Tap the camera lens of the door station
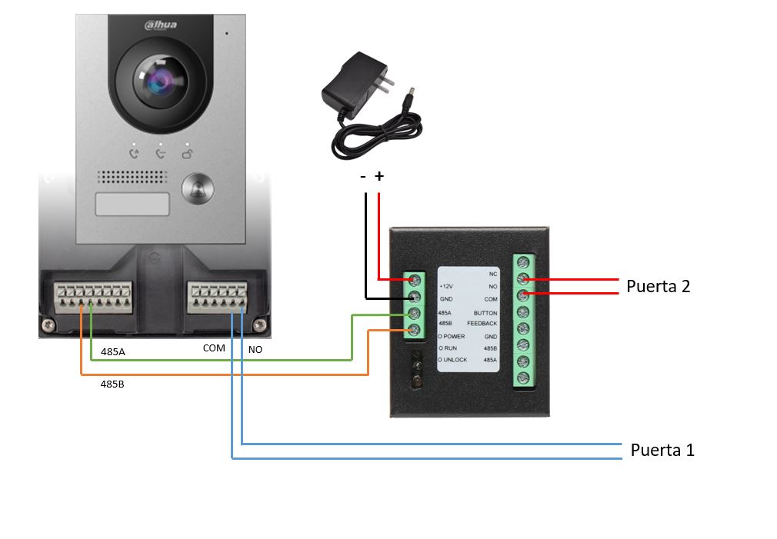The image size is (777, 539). point(159,81)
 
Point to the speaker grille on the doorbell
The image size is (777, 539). point(132,177)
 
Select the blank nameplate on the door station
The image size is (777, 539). point(132,205)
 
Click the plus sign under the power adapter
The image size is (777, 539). point(378,177)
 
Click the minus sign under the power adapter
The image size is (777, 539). point(363,177)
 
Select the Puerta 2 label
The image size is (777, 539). point(658,287)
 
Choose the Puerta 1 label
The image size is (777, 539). point(662,450)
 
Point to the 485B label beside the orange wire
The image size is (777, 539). point(112,382)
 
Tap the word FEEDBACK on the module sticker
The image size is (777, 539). point(482,324)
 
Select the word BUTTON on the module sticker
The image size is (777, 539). point(485,313)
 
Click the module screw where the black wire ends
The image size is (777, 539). point(415,297)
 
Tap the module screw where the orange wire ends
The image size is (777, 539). point(415,331)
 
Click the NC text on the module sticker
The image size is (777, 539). point(493,274)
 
